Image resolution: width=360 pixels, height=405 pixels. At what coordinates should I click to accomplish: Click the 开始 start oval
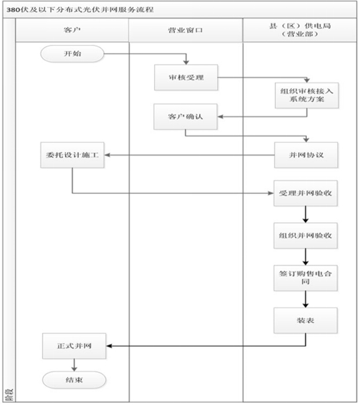(72, 54)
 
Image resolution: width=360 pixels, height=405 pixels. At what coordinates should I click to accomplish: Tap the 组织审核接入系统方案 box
(306, 94)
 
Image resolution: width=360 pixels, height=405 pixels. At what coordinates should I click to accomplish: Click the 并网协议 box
(306, 155)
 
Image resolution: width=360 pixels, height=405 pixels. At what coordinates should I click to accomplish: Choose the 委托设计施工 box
(72, 155)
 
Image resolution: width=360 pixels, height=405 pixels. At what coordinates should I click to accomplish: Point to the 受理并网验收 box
(306, 193)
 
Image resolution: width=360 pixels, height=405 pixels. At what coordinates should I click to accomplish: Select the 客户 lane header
(72, 30)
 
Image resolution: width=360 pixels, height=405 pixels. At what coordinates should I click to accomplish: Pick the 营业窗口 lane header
(185, 30)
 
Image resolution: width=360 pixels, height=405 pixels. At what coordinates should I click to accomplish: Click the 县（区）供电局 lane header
(300, 30)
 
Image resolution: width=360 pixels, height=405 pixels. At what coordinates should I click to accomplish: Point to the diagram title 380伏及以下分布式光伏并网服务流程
(81, 10)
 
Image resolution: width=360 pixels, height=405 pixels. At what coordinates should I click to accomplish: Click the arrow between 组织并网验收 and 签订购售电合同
(306, 255)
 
